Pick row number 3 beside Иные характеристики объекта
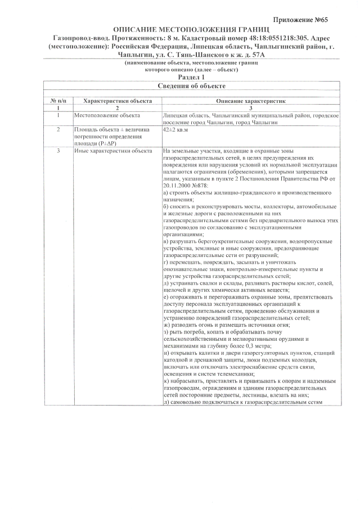click(58, 151)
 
